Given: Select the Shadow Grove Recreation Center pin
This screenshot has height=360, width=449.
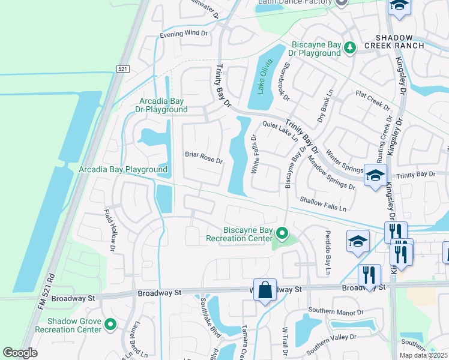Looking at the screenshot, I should tap(110, 325).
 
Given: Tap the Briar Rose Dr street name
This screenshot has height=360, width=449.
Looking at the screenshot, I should tap(203, 161).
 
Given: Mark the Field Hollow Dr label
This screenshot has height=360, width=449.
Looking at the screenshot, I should tap(111, 230).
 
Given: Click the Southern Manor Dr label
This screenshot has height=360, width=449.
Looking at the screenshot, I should tap(336, 312).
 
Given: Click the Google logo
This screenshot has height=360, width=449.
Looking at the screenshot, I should tap(20, 352).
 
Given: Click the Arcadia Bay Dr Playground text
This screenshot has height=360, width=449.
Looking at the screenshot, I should tap(163, 105).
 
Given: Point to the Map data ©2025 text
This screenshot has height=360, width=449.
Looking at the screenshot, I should tap(423, 355).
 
